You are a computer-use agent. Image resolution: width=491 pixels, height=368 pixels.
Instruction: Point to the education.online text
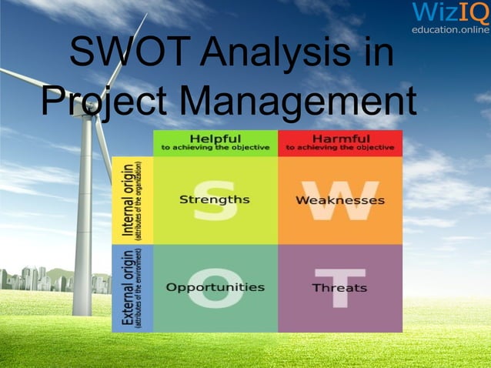450,29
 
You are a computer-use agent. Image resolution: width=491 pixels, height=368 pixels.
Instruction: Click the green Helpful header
215,142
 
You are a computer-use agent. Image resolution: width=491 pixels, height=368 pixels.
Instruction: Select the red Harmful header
339,142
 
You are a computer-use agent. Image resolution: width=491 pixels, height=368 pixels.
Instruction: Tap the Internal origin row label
132,200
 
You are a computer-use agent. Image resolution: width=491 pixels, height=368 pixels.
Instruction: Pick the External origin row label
132,288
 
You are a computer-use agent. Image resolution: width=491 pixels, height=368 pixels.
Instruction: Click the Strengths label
214,199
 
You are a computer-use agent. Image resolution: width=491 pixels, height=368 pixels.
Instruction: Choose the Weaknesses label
339,200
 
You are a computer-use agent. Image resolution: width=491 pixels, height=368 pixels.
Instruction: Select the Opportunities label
215,287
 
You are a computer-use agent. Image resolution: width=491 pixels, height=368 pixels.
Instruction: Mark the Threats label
339,288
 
